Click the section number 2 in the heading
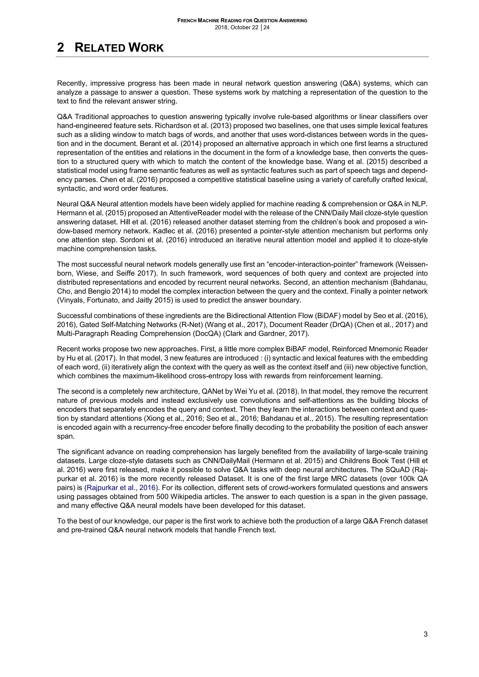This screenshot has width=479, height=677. (61, 47)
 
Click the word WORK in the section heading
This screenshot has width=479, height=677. (146, 47)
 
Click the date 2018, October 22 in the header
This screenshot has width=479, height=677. (236, 28)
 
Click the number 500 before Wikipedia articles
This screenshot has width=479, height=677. (162, 497)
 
